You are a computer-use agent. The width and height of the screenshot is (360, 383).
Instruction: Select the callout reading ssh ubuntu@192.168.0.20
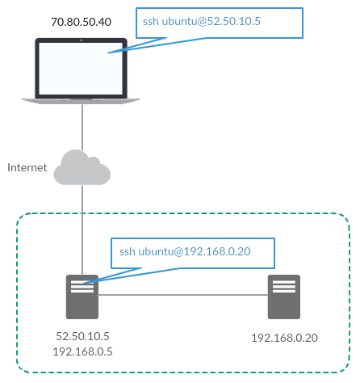click(x=192, y=252)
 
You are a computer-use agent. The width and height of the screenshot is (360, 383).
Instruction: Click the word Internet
click(x=27, y=168)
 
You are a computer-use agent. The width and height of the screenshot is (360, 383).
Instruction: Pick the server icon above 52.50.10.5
click(x=82, y=297)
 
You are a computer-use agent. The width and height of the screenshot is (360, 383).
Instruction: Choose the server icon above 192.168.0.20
click(x=283, y=297)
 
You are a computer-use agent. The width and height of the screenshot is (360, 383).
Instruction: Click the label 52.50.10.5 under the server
click(x=82, y=335)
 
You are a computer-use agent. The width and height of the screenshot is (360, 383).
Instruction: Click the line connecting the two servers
click(x=182, y=295)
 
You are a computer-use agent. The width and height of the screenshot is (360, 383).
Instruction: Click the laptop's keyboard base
click(x=81, y=100)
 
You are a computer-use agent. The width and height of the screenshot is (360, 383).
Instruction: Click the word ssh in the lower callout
click(x=128, y=252)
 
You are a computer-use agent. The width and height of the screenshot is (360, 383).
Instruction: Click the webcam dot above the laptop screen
click(x=82, y=38)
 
